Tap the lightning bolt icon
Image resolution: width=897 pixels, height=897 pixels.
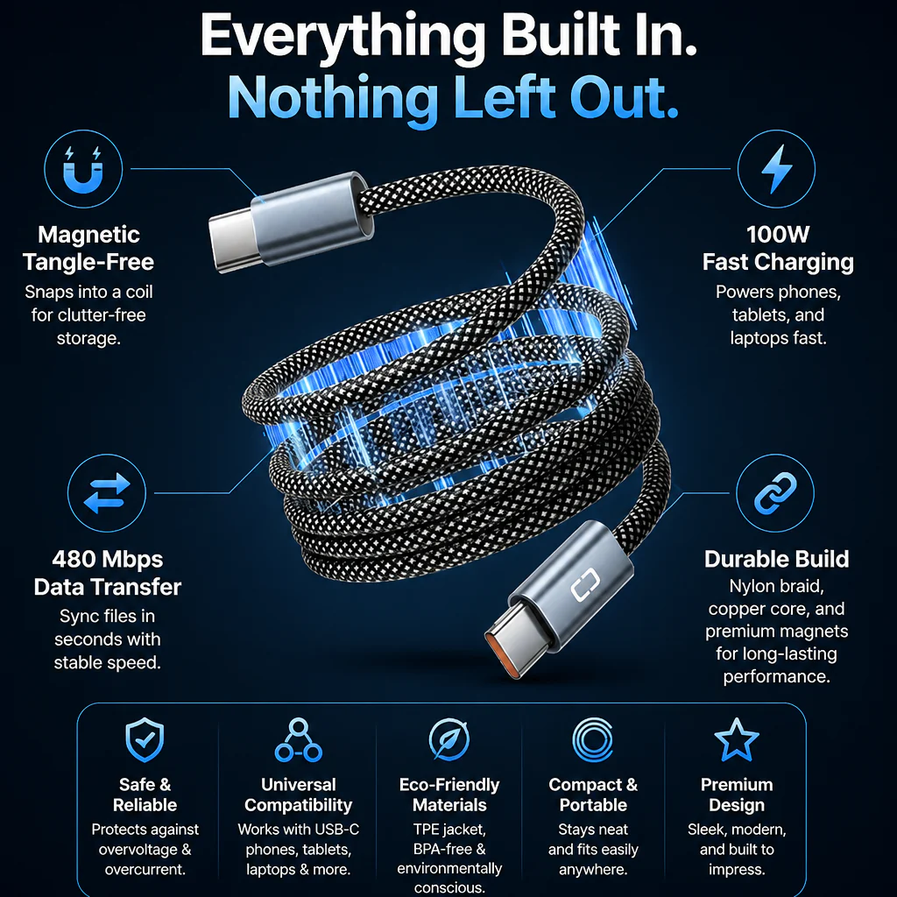[776, 169]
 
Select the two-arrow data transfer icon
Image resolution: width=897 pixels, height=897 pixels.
[107, 493]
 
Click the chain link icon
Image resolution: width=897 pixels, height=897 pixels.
[775, 493]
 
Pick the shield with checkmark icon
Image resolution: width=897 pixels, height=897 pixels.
[145, 739]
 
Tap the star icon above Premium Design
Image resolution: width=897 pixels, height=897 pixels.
[737, 739]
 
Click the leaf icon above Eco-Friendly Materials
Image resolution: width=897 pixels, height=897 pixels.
[449, 739]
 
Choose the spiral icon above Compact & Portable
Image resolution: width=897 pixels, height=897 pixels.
[593, 739]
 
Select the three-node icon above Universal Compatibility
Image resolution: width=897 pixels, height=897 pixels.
[298, 739]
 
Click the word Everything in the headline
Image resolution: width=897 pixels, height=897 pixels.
[343, 35]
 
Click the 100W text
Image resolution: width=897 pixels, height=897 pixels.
[778, 234]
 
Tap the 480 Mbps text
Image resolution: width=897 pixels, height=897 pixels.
[108, 559]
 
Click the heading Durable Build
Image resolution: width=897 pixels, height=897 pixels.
[776, 559]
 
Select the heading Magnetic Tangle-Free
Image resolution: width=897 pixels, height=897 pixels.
[88, 248]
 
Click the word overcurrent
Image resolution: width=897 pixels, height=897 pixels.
[145, 870]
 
